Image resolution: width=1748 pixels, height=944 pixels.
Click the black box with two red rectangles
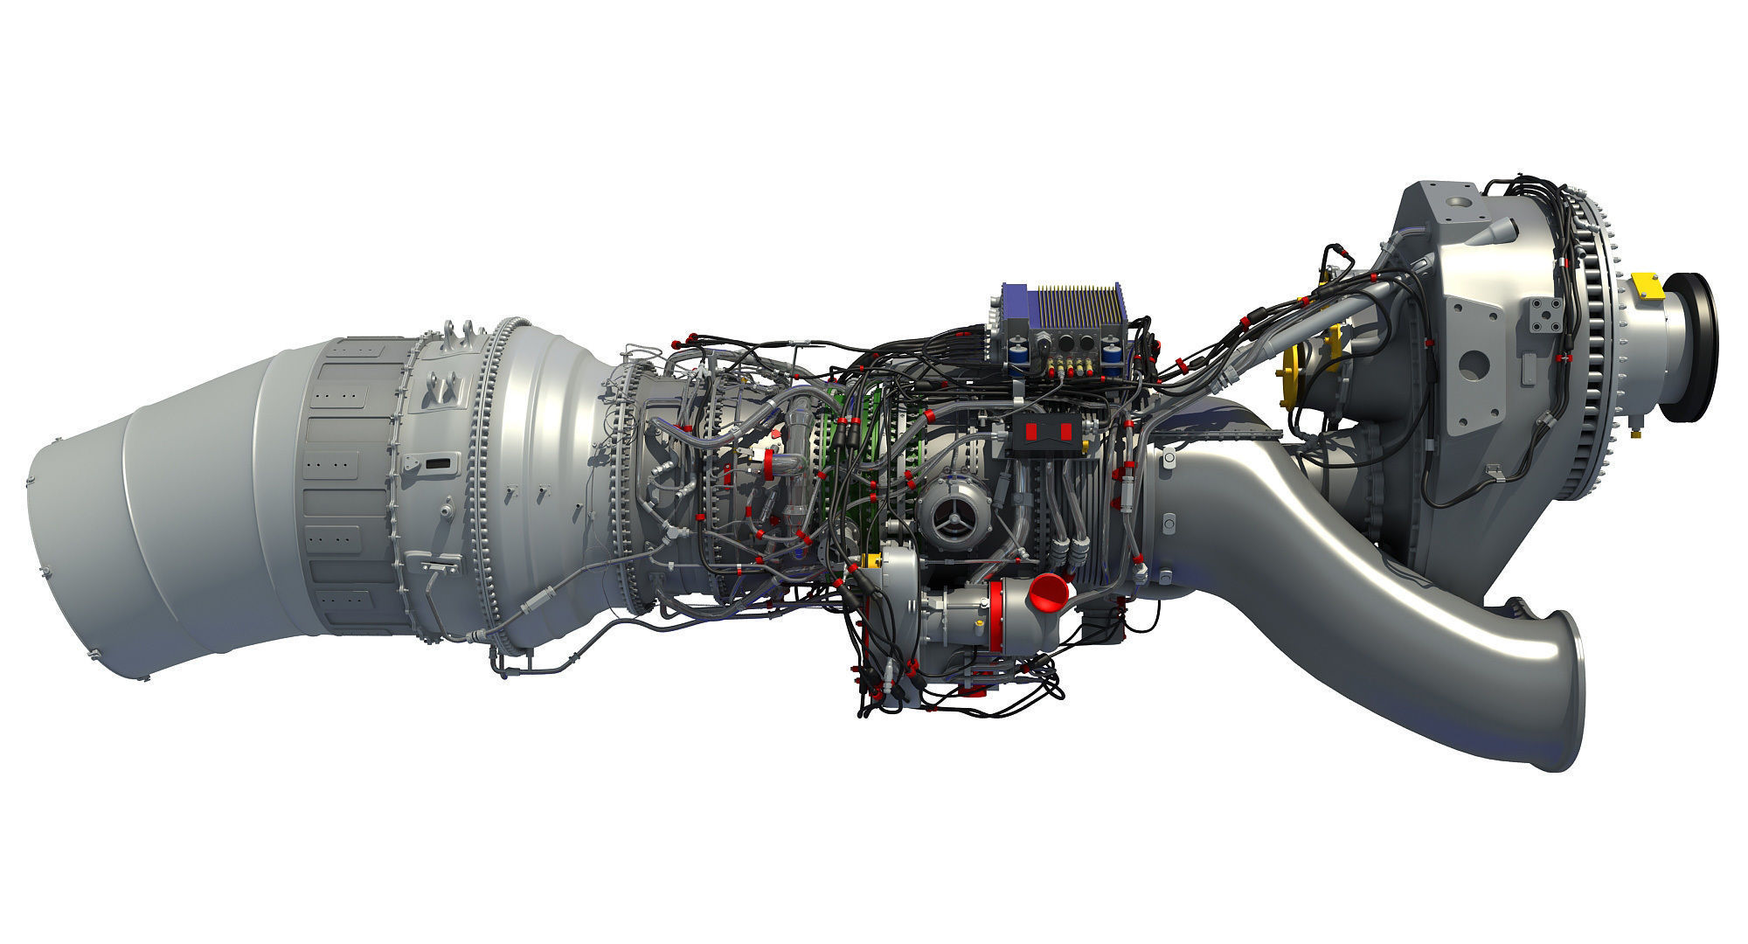coord(1048,431)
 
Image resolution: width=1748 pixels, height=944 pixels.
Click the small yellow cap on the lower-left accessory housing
coord(870,560)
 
